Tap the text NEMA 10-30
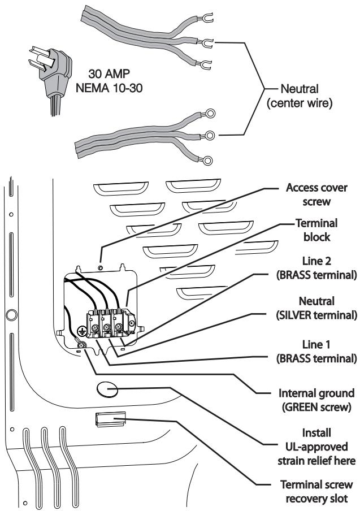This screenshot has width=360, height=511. pyautogui.click(x=109, y=88)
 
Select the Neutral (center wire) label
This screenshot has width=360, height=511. pyautogui.click(x=300, y=96)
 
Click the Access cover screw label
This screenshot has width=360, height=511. pyautogui.click(x=316, y=194)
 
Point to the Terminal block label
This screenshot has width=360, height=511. pyautogui.click(x=316, y=230)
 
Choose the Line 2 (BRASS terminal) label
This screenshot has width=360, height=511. pyautogui.click(x=316, y=268)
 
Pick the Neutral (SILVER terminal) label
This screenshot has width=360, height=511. pyautogui.click(x=316, y=308)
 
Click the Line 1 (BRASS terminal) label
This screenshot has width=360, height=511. pyautogui.click(x=316, y=352)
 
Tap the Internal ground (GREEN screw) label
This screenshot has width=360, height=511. pyautogui.click(x=316, y=400)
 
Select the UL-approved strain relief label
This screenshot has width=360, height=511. pyautogui.click(x=316, y=447)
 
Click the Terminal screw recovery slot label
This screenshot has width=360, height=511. pyautogui.click(x=316, y=491)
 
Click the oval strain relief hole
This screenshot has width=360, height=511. pyautogui.click(x=107, y=389)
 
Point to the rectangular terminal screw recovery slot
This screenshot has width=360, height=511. pyautogui.click(x=110, y=419)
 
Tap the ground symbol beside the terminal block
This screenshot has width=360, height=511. pyautogui.click(x=81, y=332)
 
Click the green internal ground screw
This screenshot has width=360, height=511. pyautogui.click(x=81, y=344)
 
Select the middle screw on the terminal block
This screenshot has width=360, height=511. pyautogui.click(x=106, y=326)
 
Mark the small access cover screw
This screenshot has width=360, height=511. pyautogui.click(x=101, y=267)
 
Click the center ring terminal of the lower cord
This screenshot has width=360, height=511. pyautogui.click(x=210, y=135)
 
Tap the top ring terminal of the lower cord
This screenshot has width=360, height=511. pyautogui.click(x=210, y=113)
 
